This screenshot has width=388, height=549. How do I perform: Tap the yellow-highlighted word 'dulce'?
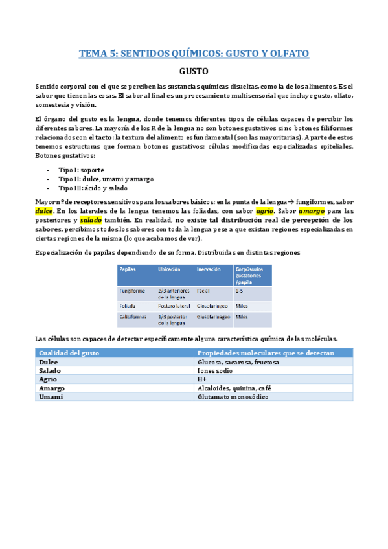[44, 211]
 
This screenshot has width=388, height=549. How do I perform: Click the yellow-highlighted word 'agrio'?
[266, 211]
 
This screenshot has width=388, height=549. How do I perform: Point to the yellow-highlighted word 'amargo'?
[313, 211]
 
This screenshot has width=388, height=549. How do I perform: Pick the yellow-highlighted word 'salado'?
[91, 220]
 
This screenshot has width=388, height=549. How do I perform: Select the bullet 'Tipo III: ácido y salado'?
[91, 188]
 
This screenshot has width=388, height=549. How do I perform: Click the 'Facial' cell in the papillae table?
[205, 291]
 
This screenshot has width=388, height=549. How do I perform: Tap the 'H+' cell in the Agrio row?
[202, 380]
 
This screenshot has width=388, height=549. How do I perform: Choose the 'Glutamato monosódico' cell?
[233, 397]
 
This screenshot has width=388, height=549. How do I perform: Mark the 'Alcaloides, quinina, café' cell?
[234, 388]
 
